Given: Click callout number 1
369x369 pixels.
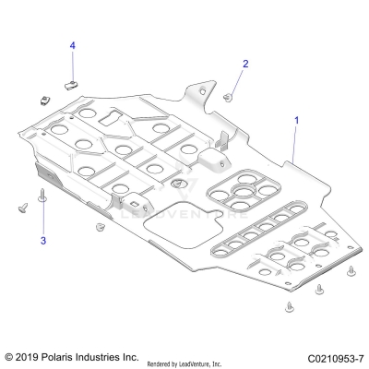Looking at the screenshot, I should tap(296, 120).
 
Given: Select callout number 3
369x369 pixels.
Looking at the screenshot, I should tap(42, 241).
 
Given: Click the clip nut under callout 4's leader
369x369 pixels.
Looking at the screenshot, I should tap(71, 85).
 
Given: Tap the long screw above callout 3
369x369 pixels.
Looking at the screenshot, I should tap(42, 197).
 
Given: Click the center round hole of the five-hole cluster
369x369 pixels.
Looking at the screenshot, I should tap(243, 190).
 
